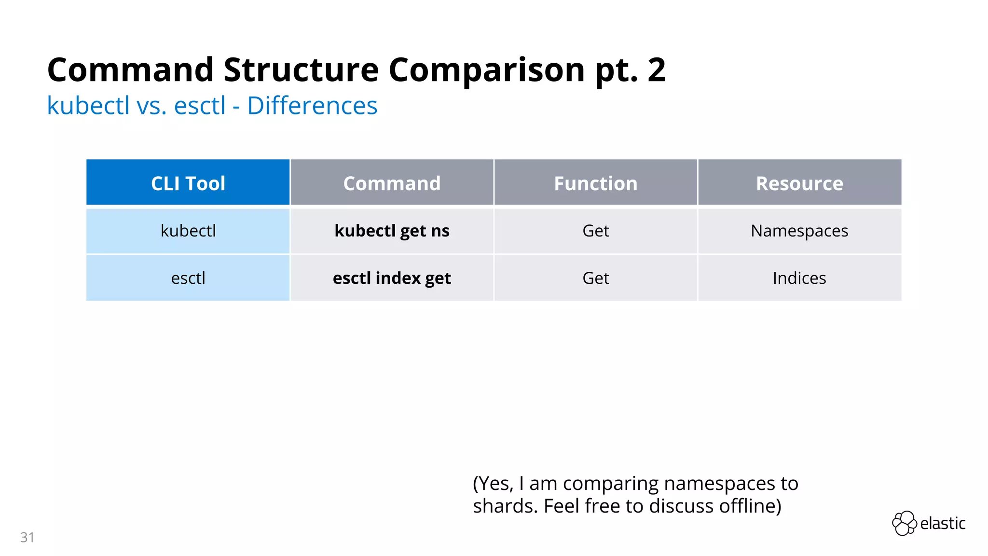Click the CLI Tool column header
[188, 183]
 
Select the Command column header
[392, 183]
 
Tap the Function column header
[595, 183]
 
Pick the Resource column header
[799, 183]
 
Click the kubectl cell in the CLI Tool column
[188, 231]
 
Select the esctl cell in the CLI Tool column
[188, 278]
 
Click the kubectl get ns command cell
[392, 231]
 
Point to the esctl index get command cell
[392, 278]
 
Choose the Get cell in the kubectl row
[595, 231]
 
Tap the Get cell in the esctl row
[595, 278]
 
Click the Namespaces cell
[799, 231]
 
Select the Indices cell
[799, 278]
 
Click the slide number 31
[27, 537]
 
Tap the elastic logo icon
[904, 523]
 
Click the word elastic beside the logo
[943, 523]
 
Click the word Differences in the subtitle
[312, 106]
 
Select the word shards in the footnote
[505, 506]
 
